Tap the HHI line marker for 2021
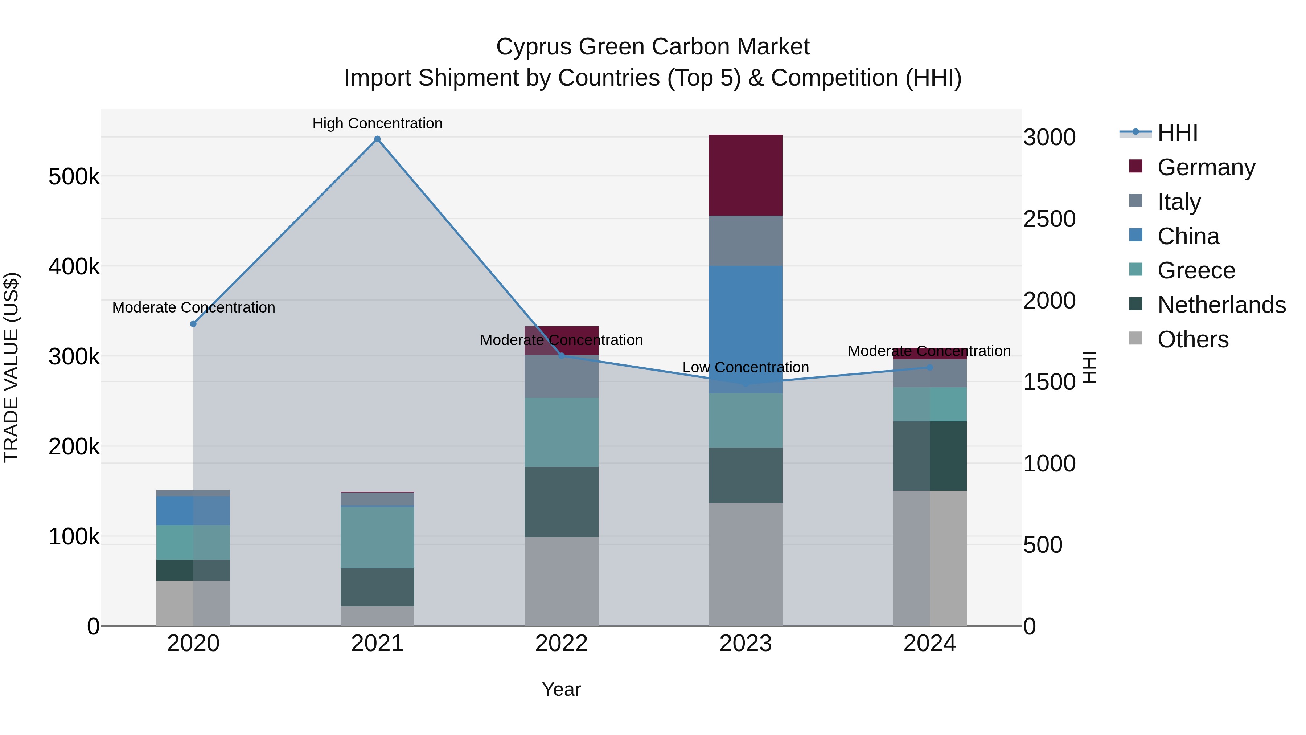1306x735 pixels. (377, 139)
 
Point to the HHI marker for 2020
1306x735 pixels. (193, 324)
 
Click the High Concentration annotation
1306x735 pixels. (377, 123)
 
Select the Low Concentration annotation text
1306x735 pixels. (745, 367)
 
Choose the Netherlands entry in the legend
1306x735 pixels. (1221, 305)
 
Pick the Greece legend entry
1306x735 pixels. (1195, 270)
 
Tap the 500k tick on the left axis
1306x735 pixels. (74, 177)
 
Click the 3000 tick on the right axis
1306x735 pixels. (1049, 138)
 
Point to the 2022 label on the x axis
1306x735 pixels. (561, 644)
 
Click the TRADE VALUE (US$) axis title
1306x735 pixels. (11, 367)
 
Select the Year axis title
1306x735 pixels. (561, 689)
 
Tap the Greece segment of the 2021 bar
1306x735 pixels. (377, 537)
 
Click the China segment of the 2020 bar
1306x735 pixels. (193, 510)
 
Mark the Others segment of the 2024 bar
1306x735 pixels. (929, 558)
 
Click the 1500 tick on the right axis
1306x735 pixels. (1049, 382)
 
